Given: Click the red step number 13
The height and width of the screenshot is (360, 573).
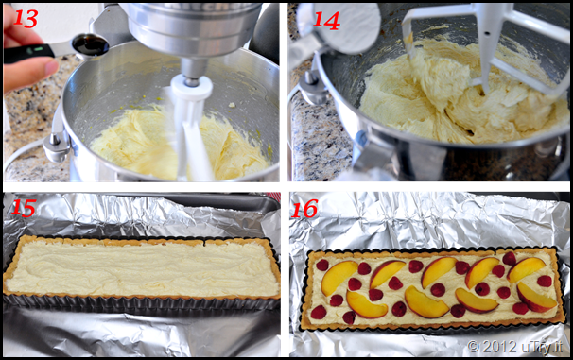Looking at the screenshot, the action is pyautogui.click(x=26, y=18).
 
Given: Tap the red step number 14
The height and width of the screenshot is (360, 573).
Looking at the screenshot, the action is pyautogui.click(x=326, y=21).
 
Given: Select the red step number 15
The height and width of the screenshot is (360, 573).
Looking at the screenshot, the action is pyautogui.click(x=24, y=208).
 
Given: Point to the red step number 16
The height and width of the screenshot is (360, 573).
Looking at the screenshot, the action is pyautogui.click(x=304, y=209).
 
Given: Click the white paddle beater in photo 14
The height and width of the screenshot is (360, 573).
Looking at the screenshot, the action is pyautogui.click(x=486, y=47).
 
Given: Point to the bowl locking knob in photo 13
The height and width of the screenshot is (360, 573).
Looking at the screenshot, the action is pyautogui.click(x=56, y=146).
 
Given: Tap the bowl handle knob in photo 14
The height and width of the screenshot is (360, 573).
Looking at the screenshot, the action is pyautogui.click(x=311, y=90).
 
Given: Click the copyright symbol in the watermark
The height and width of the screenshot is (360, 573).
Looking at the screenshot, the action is pyautogui.click(x=473, y=346).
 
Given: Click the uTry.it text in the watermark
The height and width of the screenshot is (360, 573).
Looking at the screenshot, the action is pyautogui.click(x=541, y=347).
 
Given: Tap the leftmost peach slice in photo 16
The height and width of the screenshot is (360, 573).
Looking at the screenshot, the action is pyautogui.click(x=339, y=277).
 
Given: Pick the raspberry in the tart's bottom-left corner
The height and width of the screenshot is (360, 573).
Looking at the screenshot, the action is pyautogui.click(x=319, y=312).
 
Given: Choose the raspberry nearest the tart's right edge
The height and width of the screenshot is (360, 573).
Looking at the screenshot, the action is pyautogui.click(x=545, y=281).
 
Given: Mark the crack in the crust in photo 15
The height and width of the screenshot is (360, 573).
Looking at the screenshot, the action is pyautogui.click(x=204, y=243).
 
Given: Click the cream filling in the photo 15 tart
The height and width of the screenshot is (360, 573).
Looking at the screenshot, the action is pyautogui.click(x=143, y=269).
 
